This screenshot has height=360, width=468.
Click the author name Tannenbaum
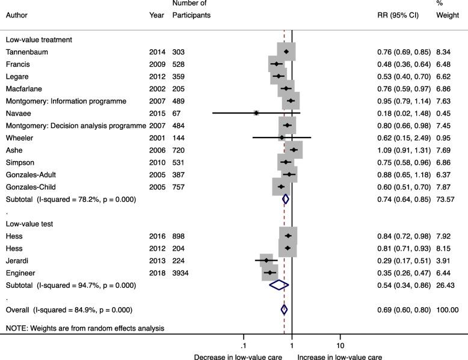(28, 52)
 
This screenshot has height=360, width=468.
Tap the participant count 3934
(181, 272)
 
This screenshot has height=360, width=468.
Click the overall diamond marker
(284, 310)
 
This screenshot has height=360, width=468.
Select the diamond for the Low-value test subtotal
(279, 285)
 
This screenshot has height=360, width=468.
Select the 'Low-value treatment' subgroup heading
(39, 40)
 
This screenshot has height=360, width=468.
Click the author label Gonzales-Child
(29, 186)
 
